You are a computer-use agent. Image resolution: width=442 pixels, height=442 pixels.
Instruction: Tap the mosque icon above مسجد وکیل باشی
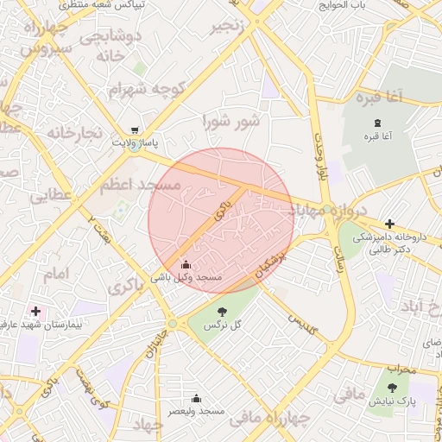186,265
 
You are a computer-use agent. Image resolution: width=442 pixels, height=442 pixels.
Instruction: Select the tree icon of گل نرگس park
222,312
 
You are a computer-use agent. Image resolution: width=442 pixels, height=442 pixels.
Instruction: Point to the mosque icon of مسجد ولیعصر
197,398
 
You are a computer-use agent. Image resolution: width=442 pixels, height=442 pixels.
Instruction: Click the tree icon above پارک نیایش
395,388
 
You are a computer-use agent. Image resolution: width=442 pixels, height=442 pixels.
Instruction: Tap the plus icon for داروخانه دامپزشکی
390,224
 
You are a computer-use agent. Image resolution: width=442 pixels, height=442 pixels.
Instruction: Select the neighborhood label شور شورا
231,121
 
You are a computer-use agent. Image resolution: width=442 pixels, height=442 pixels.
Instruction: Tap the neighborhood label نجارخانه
75,133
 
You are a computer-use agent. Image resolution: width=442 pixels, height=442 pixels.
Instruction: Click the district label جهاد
148,424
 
